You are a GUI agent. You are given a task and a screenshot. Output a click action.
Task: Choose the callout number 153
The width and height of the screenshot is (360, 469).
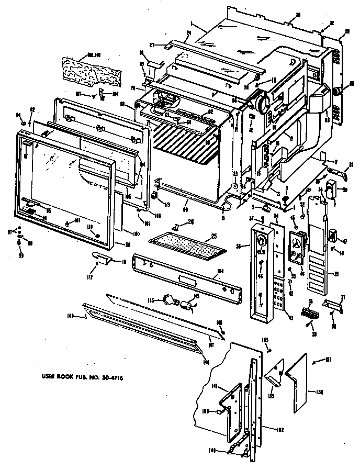point(265,341)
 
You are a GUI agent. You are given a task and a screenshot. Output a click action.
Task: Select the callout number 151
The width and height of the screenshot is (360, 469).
point(328,359)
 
